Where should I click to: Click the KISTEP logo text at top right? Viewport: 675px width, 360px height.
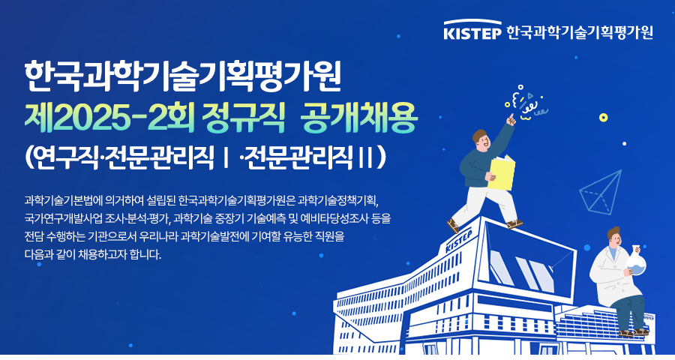472,32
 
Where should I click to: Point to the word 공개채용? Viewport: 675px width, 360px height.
359,118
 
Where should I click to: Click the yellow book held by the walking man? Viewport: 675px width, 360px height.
502,172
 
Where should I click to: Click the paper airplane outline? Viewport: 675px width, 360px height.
601,192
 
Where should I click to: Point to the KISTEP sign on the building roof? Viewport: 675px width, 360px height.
459,241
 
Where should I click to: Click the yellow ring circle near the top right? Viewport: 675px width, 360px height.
604,118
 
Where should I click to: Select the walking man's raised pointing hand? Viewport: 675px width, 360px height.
511,119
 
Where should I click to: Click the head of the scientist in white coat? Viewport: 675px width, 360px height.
614,237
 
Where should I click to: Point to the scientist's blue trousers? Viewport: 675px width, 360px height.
629,311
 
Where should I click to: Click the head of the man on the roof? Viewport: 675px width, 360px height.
481,140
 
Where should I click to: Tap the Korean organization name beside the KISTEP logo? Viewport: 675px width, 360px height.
580,32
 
